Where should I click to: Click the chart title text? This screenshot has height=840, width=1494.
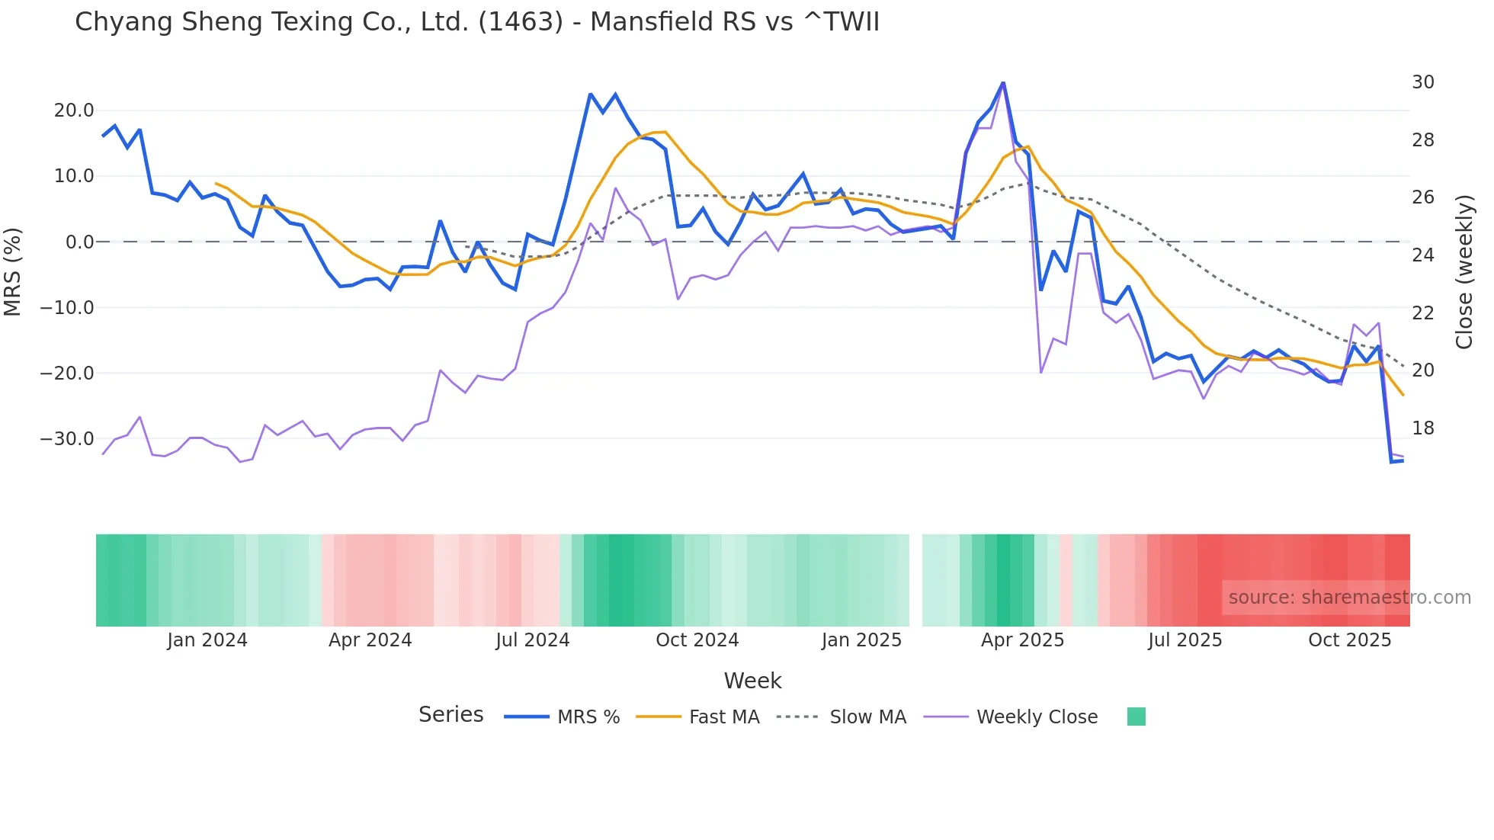pyautogui.click(x=476, y=22)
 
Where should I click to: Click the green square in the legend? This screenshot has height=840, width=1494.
pyautogui.click(x=1136, y=717)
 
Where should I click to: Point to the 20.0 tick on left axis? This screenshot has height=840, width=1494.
pyautogui.click(x=74, y=111)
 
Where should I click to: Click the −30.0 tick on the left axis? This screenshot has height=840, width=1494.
pyautogui.click(x=67, y=439)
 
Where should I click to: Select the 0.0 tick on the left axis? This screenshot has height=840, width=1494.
pyautogui.click(x=79, y=242)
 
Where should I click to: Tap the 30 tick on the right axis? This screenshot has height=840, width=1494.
pyautogui.click(x=1422, y=82)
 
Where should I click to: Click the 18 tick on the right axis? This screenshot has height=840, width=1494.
pyautogui.click(x=1422, y=428)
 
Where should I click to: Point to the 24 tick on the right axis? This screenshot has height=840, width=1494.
pyautogui.click(x=1422, y=255)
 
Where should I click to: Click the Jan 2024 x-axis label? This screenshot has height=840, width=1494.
pyautogui.click(x=207, y=640)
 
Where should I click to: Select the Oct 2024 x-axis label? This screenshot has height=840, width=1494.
pyautogui.click(x=697, y=640)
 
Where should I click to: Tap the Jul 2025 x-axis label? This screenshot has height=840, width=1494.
pyautogui.click(x=1185, y=640)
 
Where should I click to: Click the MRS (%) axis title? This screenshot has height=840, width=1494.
pyautogui.click(x=13, y=271)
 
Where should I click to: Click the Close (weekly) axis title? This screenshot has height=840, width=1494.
pyautogui.click(x=1464, y=271)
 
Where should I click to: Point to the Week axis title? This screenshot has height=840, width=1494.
pyautogui.click(x=752, y=681)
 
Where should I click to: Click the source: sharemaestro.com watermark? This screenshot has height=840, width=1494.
pyautogui.click(x=1349, y=598)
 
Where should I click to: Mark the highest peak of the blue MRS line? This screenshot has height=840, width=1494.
pyautogui.click(x=1003, y=82)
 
